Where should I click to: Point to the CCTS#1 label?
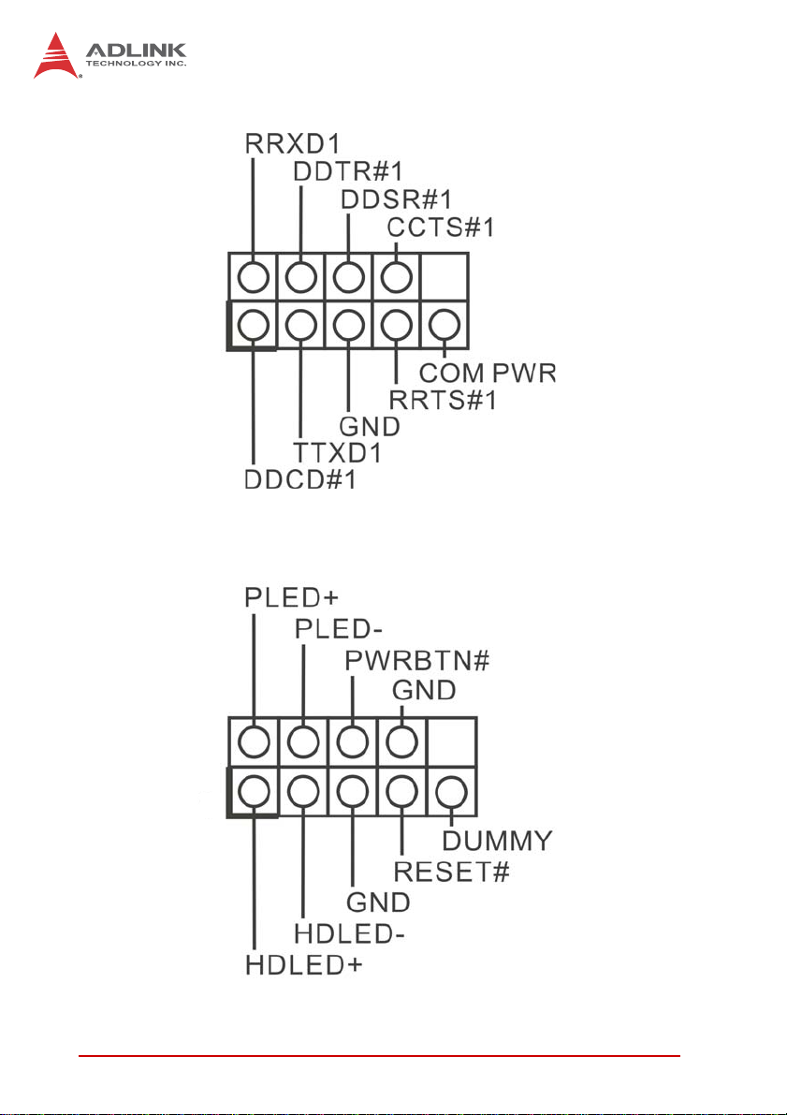442,227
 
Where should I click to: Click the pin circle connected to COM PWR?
445,325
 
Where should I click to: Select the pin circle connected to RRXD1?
251,276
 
